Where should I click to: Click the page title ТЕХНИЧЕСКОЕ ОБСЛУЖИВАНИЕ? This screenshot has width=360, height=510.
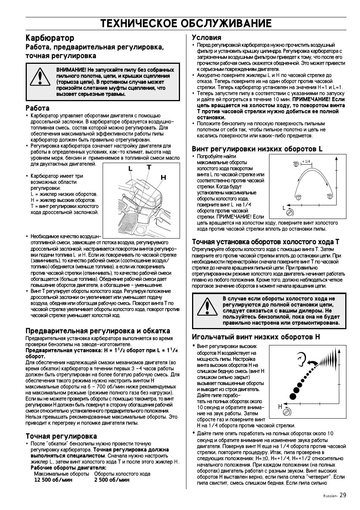click(x=186, y=23)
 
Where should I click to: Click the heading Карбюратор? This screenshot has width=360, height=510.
click(x=50, y=38)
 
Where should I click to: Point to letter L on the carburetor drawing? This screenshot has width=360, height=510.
click(x=130, y=169)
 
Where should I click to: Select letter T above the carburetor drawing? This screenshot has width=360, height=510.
click(x=149, y=167)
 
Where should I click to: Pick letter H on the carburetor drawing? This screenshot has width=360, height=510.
click(x=163, y=177)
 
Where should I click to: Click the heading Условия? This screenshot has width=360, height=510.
click(x=206, y=37)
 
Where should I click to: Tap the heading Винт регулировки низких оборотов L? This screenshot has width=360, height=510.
click(x=257, y=149)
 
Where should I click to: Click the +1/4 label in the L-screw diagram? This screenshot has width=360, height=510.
click(x=306, y=162)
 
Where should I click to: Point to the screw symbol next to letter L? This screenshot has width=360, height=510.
click(x=290, y=213)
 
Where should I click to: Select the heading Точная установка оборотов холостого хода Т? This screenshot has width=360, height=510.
click(x=265, y=242)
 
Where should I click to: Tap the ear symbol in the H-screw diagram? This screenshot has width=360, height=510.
click(x=301, y=356)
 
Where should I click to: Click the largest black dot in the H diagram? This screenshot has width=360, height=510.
click(x=293, y=396)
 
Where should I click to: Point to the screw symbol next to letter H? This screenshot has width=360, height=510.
click(x=288, y=412)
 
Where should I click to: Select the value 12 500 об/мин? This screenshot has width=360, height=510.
click(x=53, y=480)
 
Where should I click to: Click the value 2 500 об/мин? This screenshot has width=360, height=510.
click(x=112, y=480)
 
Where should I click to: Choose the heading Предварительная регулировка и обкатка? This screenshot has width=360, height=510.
click(x=98, y=331)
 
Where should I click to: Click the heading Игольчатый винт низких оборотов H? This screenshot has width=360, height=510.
click(x=255, y=337)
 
